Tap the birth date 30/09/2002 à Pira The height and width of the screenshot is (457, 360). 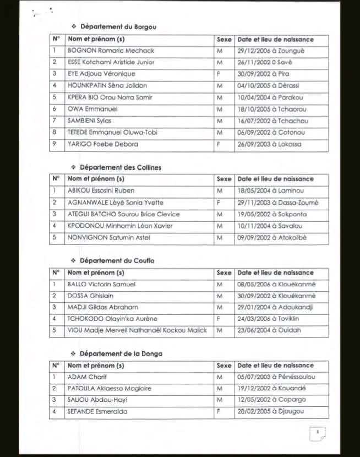pos(263,74)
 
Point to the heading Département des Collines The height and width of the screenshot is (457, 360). pos(121,167)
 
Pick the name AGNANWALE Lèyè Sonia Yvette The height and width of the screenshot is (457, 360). pos(115,203)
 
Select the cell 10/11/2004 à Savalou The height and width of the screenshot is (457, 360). pos(270,226)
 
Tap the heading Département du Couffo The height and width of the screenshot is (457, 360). pos(117,260)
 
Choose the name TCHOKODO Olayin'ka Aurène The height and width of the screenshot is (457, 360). pos(112,319)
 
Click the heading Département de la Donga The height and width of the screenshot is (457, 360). pos(121,353)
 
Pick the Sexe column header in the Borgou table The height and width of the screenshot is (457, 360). pos(224,40)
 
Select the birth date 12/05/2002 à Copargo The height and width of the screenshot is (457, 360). pos(268,400)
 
